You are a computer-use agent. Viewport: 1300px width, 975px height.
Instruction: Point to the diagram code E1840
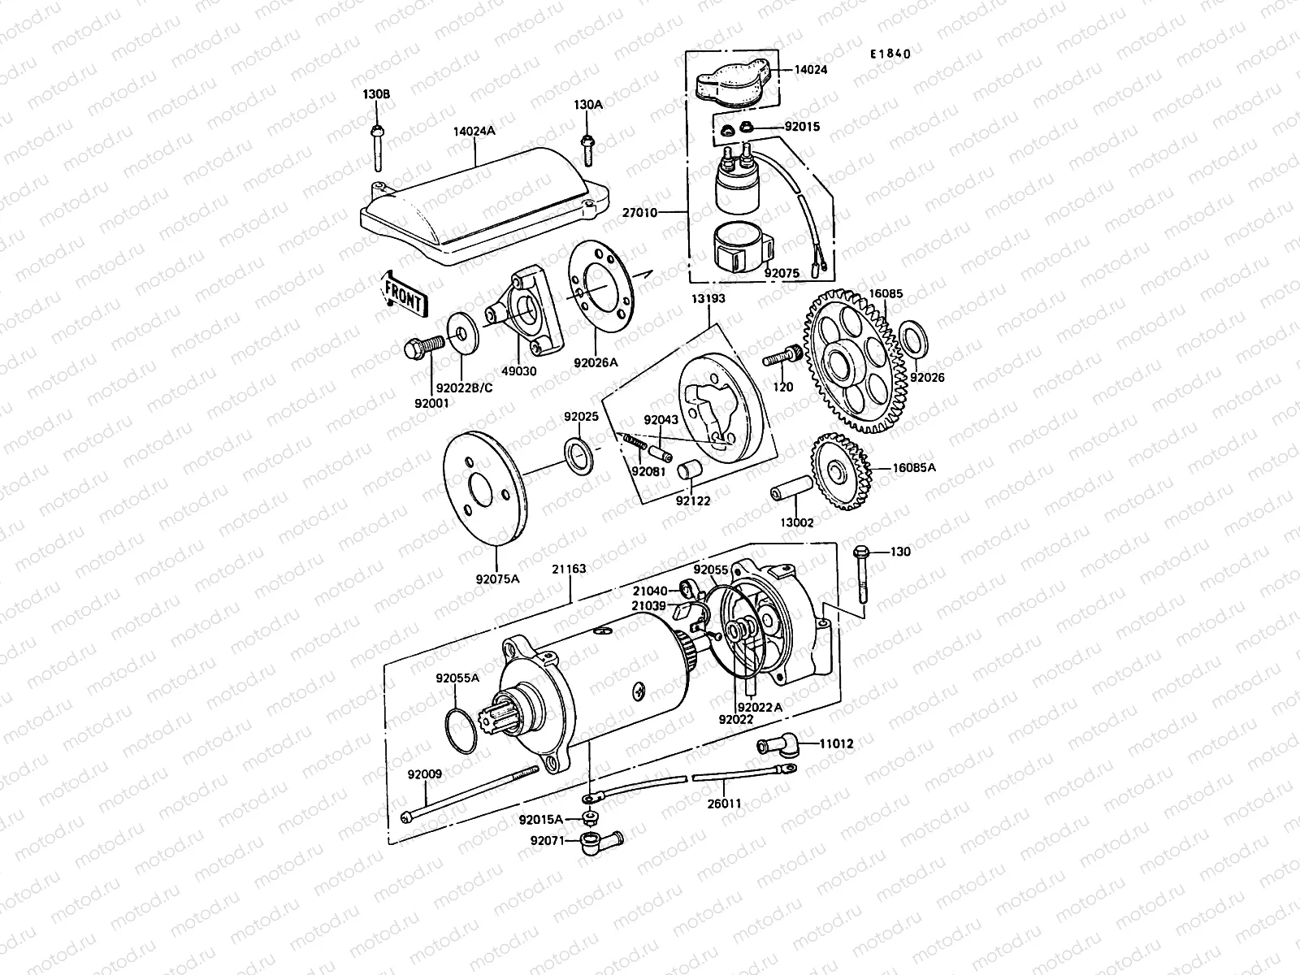click(890, 54)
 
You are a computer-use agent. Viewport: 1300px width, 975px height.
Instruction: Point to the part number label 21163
click(570, 570)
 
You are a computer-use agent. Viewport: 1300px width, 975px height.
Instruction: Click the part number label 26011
click(726, 804)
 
